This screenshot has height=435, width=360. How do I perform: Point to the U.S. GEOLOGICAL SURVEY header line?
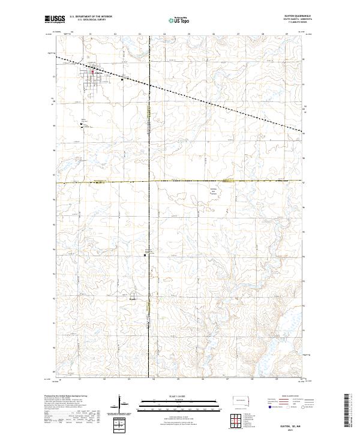[x=91, y=22]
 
